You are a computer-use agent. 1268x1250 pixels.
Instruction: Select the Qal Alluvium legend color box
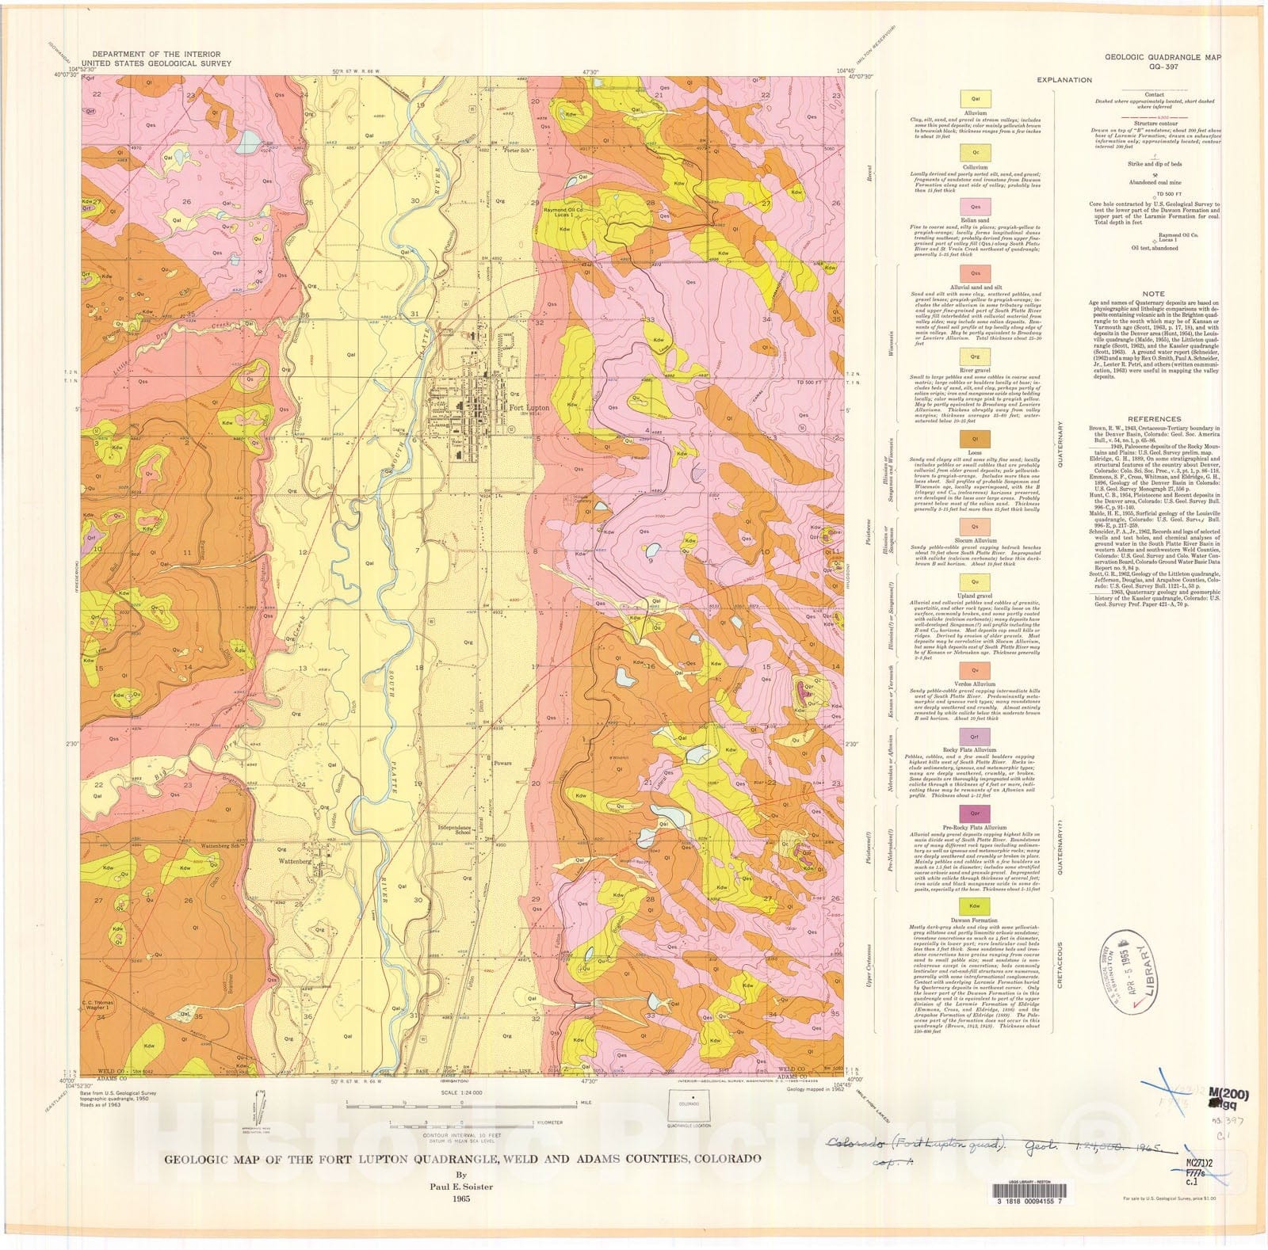975,99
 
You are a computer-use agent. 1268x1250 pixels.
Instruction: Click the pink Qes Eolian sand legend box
975,207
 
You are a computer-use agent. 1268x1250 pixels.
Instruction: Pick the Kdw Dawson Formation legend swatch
975,905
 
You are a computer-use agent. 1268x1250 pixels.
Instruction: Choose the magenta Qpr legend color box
975,814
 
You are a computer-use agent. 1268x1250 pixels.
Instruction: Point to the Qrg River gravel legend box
975,357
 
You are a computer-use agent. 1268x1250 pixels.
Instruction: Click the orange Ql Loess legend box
975,438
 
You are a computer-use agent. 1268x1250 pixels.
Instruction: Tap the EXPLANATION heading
1064,80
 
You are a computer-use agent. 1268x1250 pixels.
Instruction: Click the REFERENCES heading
1154,419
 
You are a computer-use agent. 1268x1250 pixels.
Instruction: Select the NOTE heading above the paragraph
1154,294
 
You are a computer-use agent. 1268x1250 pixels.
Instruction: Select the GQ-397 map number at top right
1164,68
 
